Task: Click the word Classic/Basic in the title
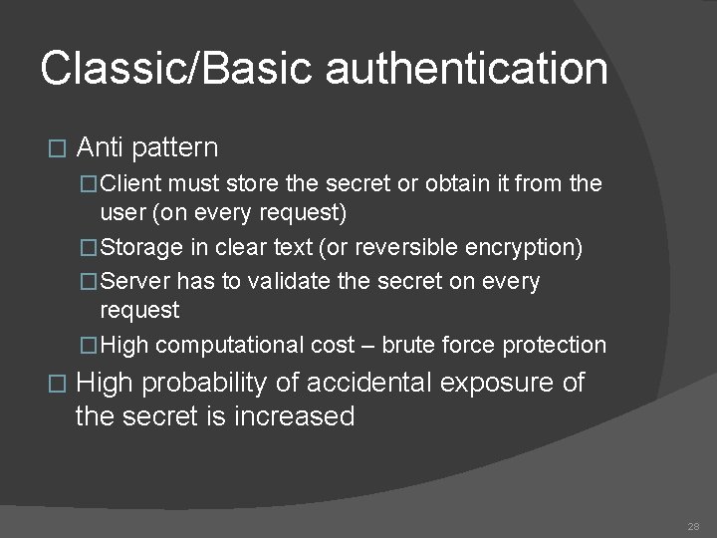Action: pos(178,70)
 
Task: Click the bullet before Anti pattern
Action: pos(56,149)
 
